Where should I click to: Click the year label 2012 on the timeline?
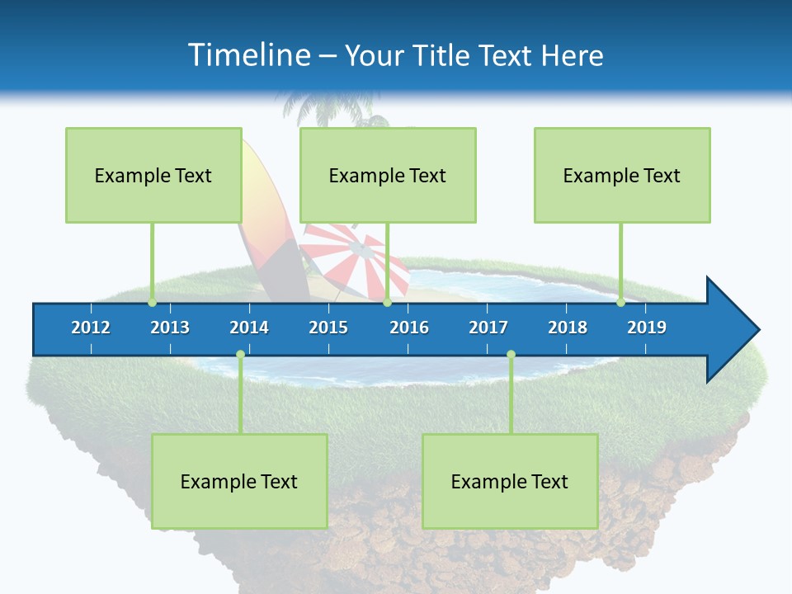point(91,328)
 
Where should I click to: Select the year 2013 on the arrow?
point(170,328)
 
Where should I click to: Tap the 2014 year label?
point(249,328)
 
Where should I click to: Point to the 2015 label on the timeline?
point(328,328)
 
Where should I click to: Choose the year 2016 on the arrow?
point(409,328)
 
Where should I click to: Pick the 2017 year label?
point(488,328)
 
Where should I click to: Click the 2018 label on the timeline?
point(568,328)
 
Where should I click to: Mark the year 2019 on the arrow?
point(647,328)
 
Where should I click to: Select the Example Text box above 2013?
point(153,175)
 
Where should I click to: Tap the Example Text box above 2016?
point(388,175)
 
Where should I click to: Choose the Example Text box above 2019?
point(622,175)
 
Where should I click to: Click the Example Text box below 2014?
point(239,481)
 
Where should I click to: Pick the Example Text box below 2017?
point(510,481)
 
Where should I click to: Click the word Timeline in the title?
point(247,55)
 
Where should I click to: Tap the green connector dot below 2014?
point(240,355)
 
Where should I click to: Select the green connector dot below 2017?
point(511,355)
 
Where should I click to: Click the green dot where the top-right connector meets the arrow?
point(621,303)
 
